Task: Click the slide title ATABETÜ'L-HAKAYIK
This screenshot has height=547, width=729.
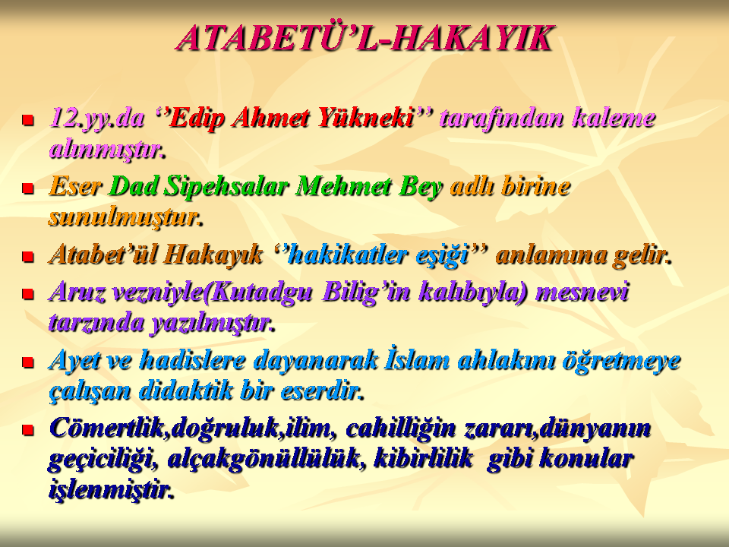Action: [366, 38]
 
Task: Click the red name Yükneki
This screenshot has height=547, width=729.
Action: [365, 119]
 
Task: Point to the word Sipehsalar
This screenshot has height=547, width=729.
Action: [227, 187]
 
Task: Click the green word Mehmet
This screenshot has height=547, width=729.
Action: [343, 187]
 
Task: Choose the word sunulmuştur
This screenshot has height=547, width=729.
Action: [125, 217]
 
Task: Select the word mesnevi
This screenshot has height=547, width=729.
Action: [582, 292]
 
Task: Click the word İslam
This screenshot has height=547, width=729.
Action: [417, 360]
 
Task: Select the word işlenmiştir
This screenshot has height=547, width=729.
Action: [111, 489]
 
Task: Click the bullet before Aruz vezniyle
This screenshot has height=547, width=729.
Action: [28, 294]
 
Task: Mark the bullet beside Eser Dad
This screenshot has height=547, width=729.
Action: [28, 188]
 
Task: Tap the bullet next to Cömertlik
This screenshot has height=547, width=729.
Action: [28, 430]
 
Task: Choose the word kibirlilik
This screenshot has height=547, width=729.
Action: [423, 458]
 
